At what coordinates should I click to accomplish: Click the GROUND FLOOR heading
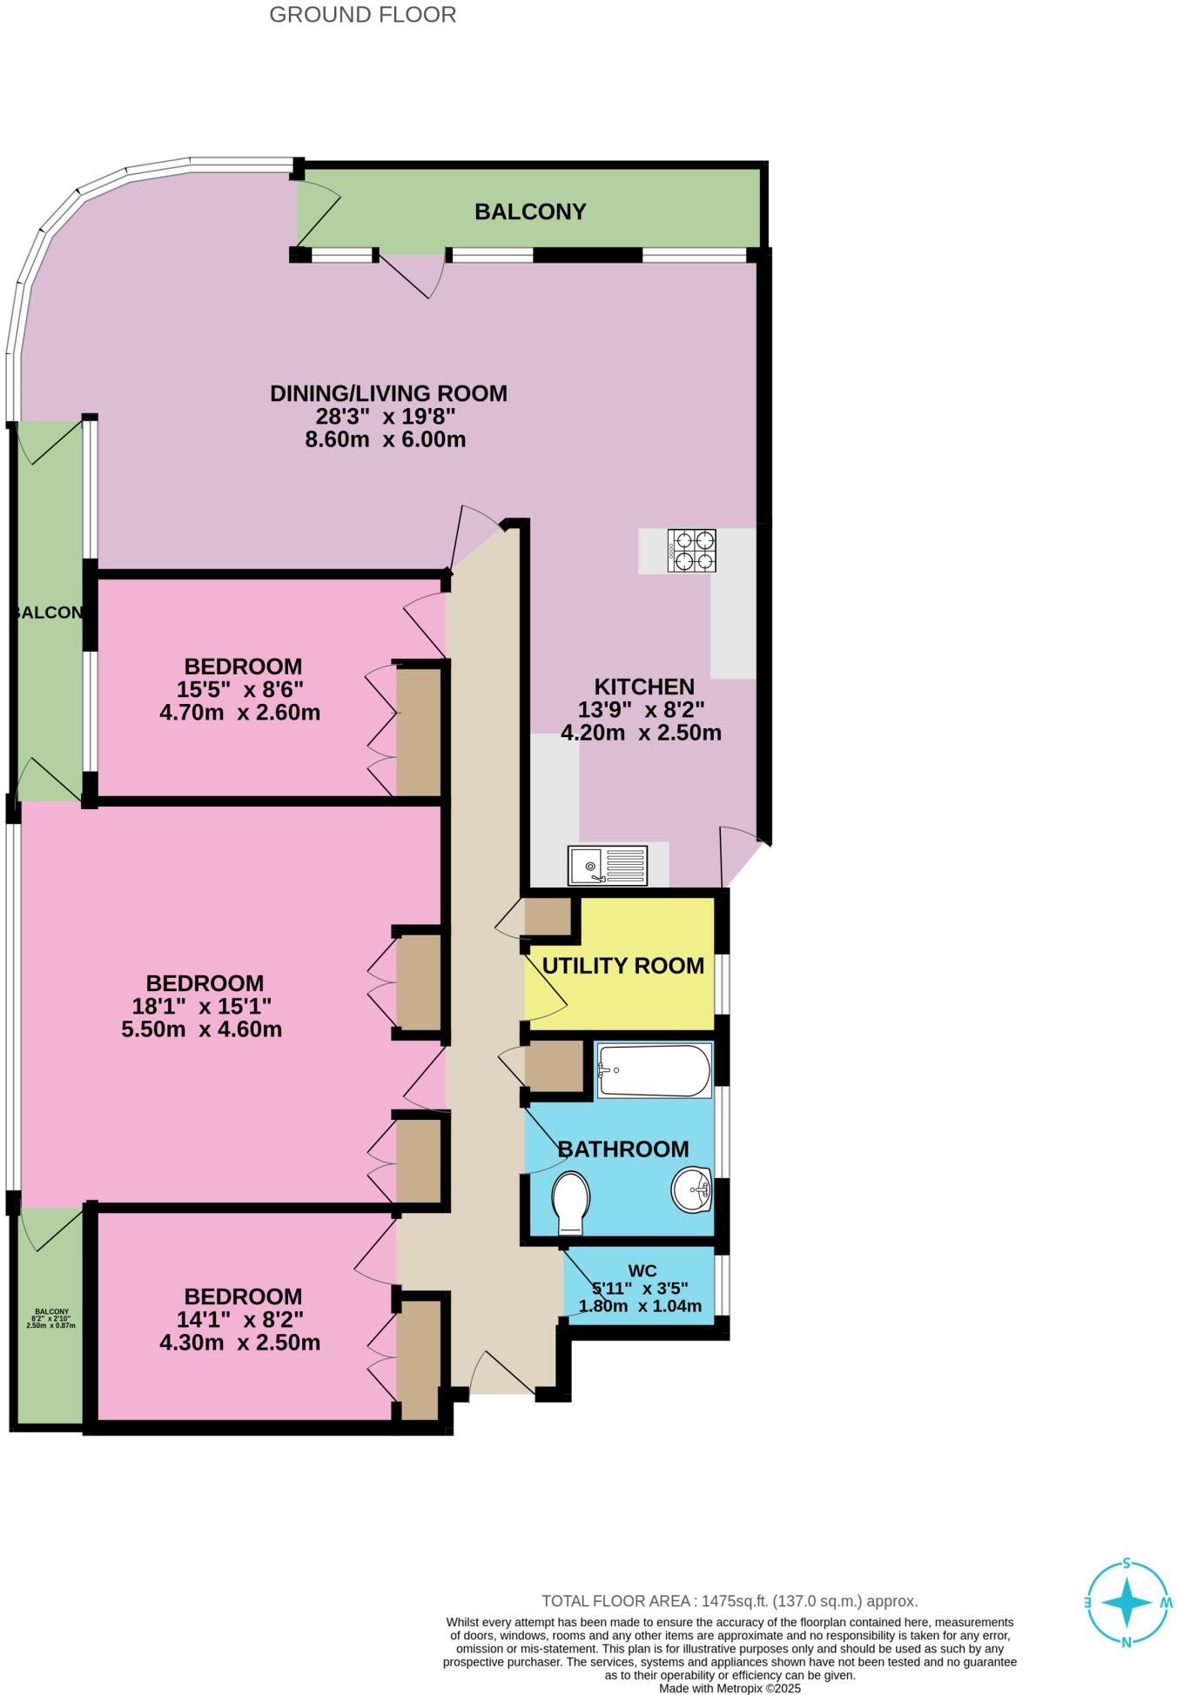(x=362, y=15)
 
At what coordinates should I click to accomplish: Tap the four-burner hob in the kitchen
(x=691, y=550)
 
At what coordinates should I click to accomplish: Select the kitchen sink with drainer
(x=608, y=866)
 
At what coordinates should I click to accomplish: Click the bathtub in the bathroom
(x=654, y=1070)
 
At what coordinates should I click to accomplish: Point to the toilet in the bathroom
(x=571, y=1203)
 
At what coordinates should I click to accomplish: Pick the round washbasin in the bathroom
(x=692, y=1189)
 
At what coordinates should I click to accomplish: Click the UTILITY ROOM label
(x=622, y=966)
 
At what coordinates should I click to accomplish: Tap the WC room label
(x=642, y=1270)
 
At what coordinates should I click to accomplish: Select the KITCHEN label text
(x=644, y=687)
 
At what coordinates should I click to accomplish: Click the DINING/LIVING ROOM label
(x=388, y=393)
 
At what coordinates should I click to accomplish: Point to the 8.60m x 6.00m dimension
(x=385, y=439)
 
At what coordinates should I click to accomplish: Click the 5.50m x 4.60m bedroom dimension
(x=202, y=1029)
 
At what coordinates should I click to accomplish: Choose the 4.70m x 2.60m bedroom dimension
(x=239, y=713)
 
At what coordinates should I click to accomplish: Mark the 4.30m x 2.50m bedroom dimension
(x=239, y=1343)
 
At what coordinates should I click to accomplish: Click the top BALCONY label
(x=530, y=211)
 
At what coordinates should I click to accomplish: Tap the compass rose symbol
(x=1127, y=1602)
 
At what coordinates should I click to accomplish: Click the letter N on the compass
(x=1127, y=1642)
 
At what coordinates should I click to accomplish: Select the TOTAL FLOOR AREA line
(x=730, y=1601)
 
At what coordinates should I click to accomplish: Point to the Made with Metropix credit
(x=730, y=1689)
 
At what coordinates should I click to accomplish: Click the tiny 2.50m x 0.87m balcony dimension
(x=51, y=1325)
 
